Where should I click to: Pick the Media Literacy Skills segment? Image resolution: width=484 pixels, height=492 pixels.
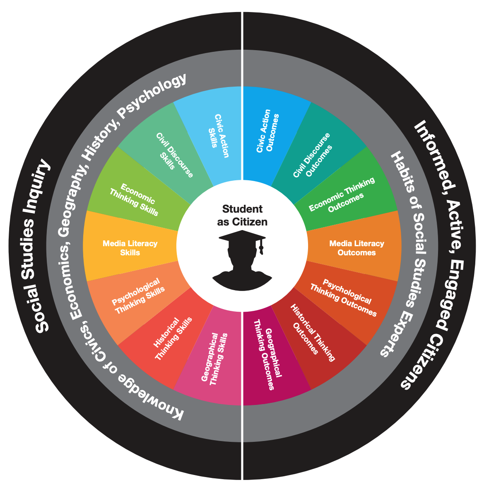(x=130, y=247)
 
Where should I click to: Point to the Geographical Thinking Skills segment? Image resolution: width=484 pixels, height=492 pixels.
(x=216, y=359)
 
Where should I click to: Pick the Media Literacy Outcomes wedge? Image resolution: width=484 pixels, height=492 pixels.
(x=356, y=247)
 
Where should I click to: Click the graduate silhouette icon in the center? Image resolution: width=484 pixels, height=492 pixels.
(x=242, y=261)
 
